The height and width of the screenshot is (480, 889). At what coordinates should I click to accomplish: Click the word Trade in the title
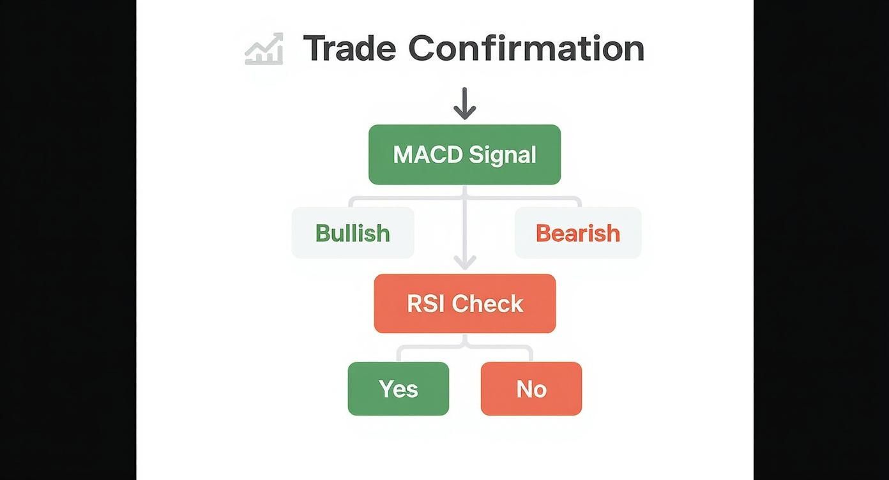349,49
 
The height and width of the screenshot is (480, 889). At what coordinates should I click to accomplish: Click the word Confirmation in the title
526,49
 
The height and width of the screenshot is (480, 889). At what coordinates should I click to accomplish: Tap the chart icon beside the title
264,50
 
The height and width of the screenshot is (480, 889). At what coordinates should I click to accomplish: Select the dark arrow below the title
464,103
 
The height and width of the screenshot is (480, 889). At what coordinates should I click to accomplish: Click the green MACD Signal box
464,154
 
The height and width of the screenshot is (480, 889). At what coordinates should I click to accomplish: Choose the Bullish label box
353,233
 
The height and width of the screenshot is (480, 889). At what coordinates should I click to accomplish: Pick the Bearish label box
577,233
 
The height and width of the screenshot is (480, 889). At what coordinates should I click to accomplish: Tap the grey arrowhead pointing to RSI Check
464,262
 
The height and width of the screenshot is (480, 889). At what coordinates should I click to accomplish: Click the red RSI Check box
464,304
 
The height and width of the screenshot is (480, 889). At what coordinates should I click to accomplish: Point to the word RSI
425,304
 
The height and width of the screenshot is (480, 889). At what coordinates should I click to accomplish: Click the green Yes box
398,389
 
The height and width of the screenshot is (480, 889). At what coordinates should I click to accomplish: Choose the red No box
531,389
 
